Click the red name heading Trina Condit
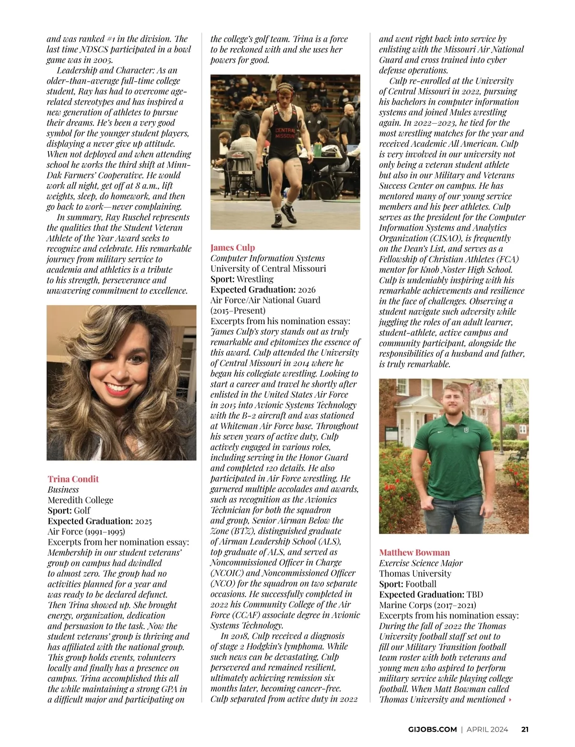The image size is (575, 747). click(73, 479)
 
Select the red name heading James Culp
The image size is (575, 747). click(232, 247)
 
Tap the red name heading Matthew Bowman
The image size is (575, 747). click(414, 552)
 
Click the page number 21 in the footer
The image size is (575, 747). click(525, 729)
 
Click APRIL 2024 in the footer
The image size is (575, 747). click(487, 729)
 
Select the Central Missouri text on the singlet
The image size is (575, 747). click(285, 133)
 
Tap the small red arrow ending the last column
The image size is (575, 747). click(510, 700)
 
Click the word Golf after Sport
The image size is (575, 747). click(82, 511)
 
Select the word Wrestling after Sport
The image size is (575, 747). click(255, 279)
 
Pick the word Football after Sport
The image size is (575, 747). click(421, 584)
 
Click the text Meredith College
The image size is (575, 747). click(80, 500)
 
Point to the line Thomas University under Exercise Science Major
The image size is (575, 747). click(415, 573)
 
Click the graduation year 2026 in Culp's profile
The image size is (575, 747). click(307, 290)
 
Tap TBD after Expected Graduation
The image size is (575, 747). click(475, 595)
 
